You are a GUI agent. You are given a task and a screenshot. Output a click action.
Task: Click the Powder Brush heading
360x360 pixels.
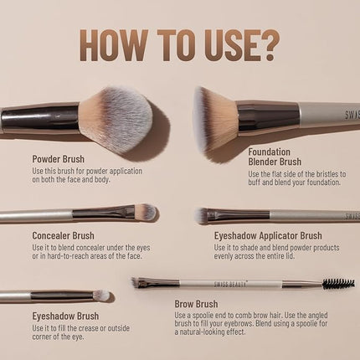(59, 158)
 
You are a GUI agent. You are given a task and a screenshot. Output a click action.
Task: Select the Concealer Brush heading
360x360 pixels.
(64, 235)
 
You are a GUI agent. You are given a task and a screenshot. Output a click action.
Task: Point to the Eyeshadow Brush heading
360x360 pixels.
(65, 316)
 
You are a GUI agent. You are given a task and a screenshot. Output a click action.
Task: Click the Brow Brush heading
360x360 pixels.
(196, 304)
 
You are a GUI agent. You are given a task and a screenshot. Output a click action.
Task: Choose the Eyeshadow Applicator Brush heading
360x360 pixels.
(268, 236)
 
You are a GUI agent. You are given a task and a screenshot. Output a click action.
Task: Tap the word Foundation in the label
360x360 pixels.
(270, 152)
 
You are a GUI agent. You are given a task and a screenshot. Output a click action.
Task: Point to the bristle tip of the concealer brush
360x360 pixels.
(145, 212)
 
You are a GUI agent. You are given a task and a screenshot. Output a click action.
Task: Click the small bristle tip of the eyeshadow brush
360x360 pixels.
(101, 295)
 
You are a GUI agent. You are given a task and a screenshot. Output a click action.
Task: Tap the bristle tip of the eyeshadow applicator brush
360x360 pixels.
(203, 216)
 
